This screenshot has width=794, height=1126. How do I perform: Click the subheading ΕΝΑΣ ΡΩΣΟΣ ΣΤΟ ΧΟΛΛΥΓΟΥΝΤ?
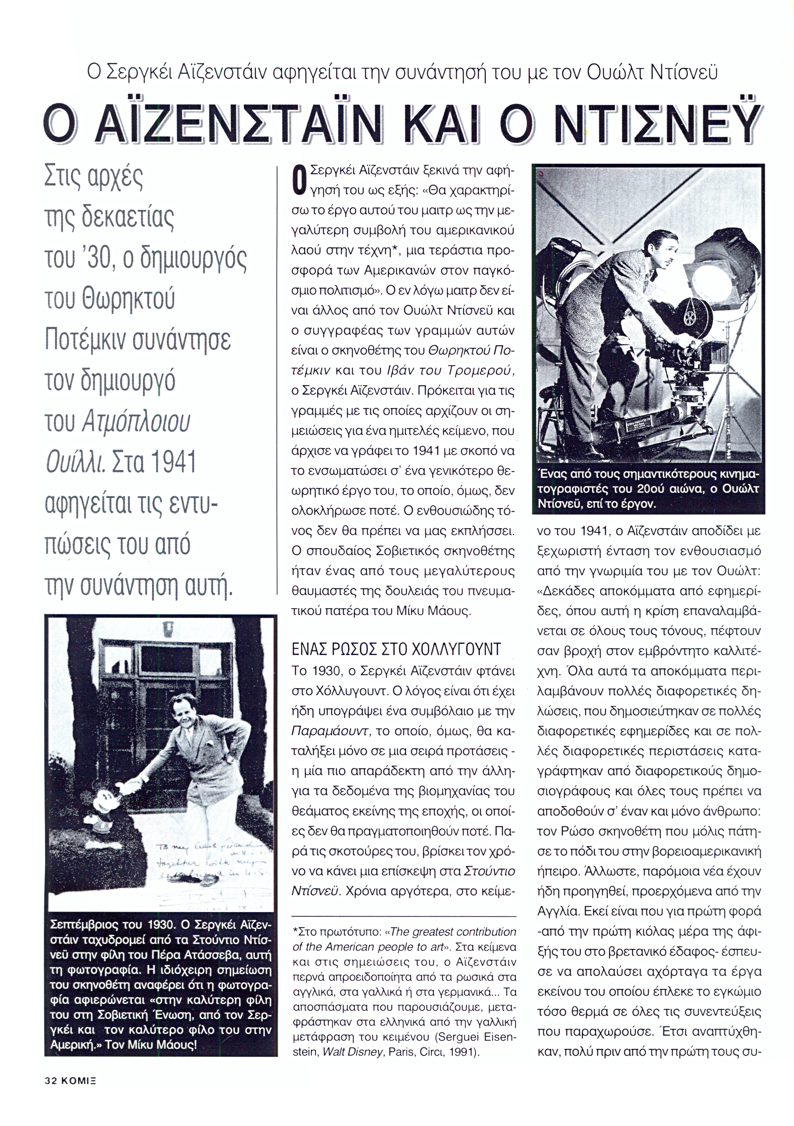click(396, 650)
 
